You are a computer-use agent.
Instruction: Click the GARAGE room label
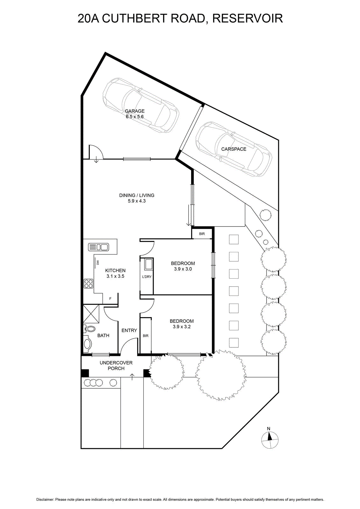(135, 111)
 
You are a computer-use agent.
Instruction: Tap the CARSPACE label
(234, 149)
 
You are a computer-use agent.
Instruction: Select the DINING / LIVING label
(137, 195)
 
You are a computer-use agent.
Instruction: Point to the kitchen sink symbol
(98, 247)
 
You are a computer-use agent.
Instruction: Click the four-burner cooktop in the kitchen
(88, 283)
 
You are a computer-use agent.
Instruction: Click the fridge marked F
(110, 299)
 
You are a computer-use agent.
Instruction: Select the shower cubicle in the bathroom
(91, 314)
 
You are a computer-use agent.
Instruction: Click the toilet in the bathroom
(89, 329)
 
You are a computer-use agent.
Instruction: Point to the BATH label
(103, 335)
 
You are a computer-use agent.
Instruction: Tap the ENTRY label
(129, 331)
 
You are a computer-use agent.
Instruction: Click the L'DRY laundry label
(147, 277)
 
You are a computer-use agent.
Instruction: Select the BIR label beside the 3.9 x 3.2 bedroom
(146, 336)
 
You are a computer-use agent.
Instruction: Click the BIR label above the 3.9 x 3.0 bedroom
(202, 234)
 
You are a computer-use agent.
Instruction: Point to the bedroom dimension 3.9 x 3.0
(183, 269)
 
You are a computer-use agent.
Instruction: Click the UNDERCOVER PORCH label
(116, 366)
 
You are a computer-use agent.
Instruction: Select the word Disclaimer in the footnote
(45, 500)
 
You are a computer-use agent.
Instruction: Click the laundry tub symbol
(148, 264)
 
